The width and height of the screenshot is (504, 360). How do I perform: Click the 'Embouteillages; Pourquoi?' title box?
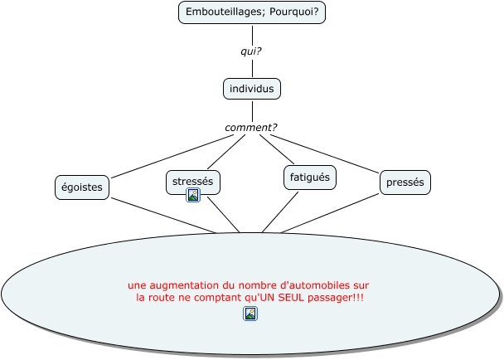coord(251,12)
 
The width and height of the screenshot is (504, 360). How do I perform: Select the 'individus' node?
coord(252,88)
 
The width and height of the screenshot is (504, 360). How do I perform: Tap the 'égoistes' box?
coord(81,187)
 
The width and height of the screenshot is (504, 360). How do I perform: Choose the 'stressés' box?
coord(193,180)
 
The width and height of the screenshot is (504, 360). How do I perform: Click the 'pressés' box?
coord(406,182)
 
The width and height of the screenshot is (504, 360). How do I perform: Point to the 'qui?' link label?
coord(251,51)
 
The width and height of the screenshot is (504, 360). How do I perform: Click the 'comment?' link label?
coord(251,127)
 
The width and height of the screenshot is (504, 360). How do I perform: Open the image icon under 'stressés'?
coord(193,196)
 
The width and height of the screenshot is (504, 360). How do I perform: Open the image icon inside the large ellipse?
coord(250,314)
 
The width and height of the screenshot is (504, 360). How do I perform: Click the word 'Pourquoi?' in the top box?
coord(296,12)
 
